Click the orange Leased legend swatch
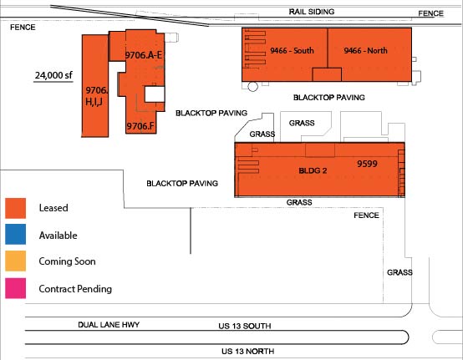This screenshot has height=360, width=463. [18, 207]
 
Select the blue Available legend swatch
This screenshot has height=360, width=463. [18, 235]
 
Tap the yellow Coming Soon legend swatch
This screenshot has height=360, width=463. [18, 261]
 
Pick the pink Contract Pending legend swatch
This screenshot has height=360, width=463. [18, 289]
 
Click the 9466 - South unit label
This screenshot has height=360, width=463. [292, 51]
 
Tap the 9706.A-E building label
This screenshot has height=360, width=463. [143, 54]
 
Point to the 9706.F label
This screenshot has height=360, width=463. [140, 126]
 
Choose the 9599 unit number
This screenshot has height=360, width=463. [369, 165]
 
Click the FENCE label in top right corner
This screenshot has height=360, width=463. [430, 13]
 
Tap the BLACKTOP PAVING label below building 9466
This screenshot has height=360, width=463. [329, 98]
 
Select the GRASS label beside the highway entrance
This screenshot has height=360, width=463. [399, 272]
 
